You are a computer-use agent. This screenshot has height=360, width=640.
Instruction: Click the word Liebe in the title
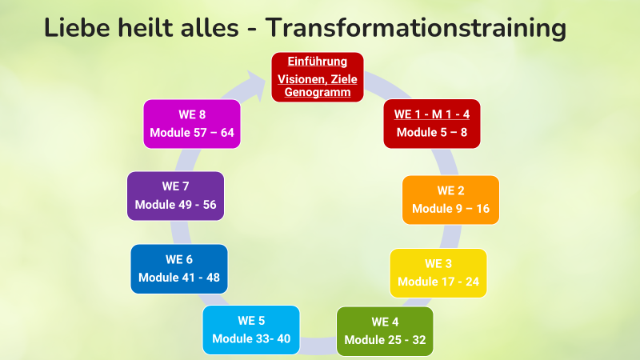[x=77, y=27]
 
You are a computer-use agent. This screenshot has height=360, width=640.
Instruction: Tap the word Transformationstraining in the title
[x=416, y=28]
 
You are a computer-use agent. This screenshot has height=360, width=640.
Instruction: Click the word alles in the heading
[x=210, y=27]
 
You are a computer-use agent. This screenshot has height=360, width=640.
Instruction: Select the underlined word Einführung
[x=317, y=62]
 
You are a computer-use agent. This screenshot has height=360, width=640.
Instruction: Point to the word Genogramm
[x=317, y=92]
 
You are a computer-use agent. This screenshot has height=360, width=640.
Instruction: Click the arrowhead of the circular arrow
[x=256, y=85]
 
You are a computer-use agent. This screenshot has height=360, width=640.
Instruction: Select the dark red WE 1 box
[x=432, y=124]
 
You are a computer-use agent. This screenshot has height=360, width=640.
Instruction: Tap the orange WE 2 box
[x=450, y=200]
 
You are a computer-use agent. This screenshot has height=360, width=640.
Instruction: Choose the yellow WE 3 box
[x=438, y=273]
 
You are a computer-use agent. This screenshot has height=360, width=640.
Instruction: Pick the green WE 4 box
[x=385, y=331]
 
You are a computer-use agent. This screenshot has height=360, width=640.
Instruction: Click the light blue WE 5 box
[x=251, y=330]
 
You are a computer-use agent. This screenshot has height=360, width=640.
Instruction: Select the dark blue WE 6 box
[x=179, y=269]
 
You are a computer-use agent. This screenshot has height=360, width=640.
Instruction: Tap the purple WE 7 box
[x=175, y=196]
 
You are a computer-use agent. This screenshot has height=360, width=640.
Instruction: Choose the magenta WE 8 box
[x=192, y=124]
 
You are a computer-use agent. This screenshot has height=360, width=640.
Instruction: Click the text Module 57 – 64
[x=192, y=133]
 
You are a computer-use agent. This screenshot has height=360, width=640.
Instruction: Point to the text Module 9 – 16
[x=450, y=209]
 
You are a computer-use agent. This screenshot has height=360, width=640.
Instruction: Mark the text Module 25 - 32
[x=385, y=340]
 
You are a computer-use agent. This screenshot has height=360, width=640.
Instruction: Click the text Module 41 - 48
[x=179, y=278]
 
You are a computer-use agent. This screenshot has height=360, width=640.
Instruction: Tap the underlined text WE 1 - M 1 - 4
[x=432, y=114]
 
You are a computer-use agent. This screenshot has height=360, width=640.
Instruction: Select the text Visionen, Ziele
[x=317, y=79]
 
